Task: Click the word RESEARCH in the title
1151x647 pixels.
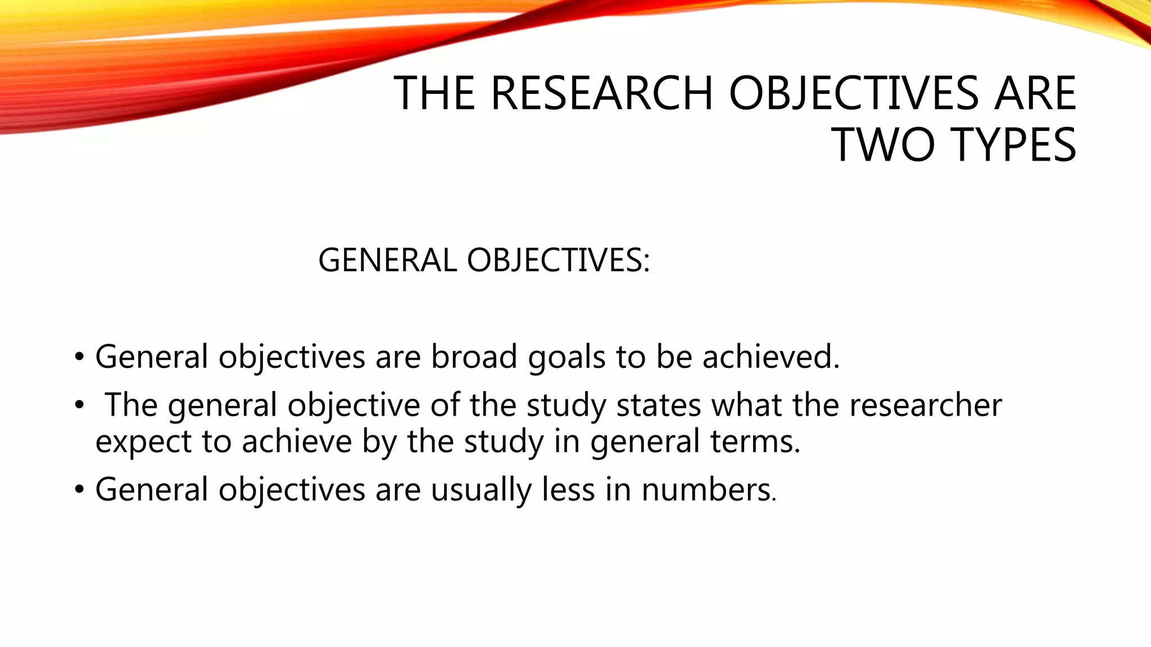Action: click(602, 93)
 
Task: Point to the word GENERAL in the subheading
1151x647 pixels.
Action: click(387, 261)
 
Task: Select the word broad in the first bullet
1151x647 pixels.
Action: click(474, 357)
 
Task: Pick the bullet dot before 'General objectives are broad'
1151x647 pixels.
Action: click(79, 357)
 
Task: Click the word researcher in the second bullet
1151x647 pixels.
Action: click(925, 405)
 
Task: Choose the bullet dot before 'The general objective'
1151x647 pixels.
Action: click(79, 405)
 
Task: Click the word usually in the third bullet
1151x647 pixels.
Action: click(481, 490)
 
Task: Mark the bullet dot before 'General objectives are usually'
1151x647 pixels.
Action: click(79, 490)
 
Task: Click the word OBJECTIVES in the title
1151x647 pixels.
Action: click(855, 93)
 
